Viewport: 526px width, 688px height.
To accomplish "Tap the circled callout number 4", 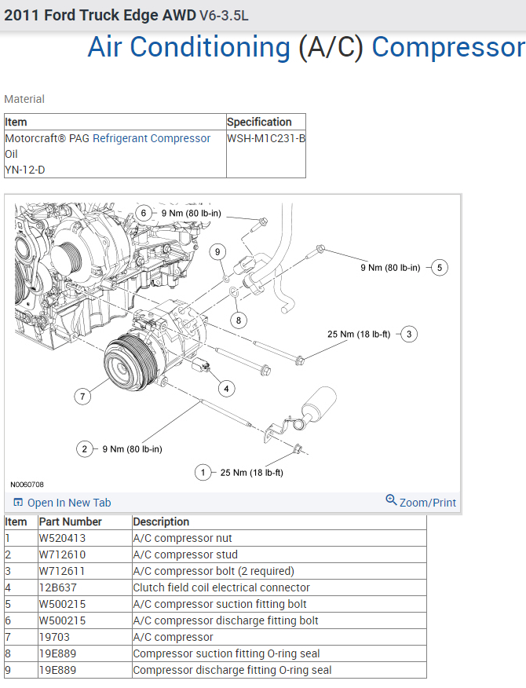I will (226, 388).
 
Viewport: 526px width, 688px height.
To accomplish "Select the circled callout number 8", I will (239, 320).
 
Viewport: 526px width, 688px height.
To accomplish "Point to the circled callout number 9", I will (218, 251).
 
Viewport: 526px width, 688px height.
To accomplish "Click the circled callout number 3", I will (408, 334).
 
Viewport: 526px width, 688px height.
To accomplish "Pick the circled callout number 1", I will (203, 472).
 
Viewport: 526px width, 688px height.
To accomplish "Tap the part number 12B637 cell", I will (58, 587).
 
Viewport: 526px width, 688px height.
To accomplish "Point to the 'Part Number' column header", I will (71, 521).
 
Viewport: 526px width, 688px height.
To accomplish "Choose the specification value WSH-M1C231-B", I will (266, 138).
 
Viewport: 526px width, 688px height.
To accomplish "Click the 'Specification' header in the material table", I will (259, 122).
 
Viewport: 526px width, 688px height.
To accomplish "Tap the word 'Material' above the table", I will (24, 99).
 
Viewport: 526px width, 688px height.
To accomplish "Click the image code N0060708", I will (27, 485).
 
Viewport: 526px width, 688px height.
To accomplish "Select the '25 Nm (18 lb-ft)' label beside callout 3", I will (359, 334).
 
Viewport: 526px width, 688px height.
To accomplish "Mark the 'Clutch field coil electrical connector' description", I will (221, 587).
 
